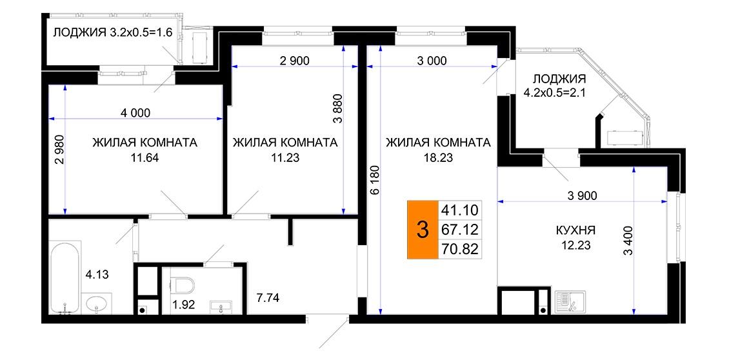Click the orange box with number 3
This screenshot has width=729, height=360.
(423, 230)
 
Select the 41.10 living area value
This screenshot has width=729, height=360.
(459, 210)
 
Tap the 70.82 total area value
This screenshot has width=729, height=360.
(459, 249)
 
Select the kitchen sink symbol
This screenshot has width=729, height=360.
(570, 302)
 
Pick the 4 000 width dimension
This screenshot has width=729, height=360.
(135, 112)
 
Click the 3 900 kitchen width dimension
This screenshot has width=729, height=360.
(583, 195)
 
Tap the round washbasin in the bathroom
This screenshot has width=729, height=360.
(97, 304)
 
